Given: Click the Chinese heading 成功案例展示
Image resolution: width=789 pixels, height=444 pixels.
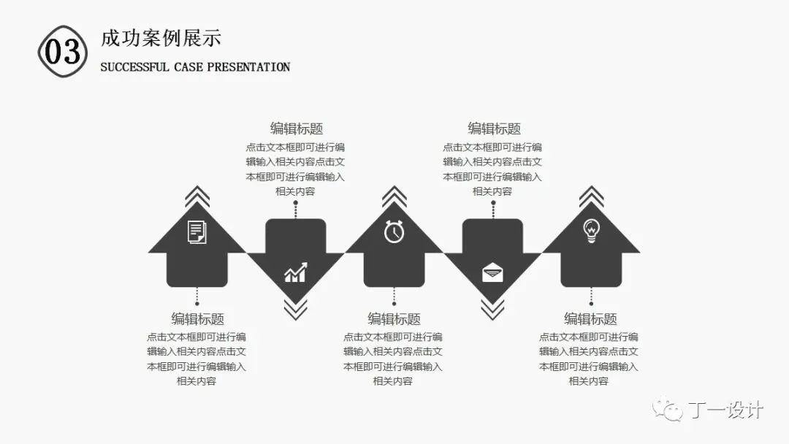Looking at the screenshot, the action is tap(161, 38).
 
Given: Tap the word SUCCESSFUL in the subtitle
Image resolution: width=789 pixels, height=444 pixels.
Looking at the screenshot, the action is tap(134, 67).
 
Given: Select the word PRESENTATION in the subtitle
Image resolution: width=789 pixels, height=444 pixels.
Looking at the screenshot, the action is tap(248, 67).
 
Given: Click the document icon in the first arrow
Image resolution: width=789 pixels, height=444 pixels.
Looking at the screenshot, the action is tap(197, 232).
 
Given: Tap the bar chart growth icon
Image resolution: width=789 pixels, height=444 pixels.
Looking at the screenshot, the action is tap(295, 273).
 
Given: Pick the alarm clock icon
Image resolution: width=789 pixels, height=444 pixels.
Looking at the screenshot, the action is tap(394, 231).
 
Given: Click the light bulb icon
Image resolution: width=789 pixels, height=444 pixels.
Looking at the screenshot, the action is tap(591, 231).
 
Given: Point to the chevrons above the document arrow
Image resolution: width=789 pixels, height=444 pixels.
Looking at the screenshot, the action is tap(197, 196).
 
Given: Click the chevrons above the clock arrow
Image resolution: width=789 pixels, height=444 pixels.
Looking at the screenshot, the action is tap(394, 196).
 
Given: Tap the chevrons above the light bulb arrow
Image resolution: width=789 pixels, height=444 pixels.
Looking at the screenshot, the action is tap(591, 196).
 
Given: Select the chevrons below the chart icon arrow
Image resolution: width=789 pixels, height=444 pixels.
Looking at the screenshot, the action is tap(295, 310).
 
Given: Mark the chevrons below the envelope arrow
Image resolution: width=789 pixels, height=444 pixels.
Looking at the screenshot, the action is tap(492, 310).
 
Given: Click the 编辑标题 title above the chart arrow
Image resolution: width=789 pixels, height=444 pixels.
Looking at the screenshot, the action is tap(297, 129).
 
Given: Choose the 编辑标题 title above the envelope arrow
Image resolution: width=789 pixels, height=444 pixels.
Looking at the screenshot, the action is tap(494, 129).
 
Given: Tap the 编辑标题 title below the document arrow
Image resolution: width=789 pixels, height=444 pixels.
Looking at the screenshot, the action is tap(197, 319).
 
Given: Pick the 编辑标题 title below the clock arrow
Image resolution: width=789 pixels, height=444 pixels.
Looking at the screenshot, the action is tap(394, 319).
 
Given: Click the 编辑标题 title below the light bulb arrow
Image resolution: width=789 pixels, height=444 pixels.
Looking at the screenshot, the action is tap(590, 319).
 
